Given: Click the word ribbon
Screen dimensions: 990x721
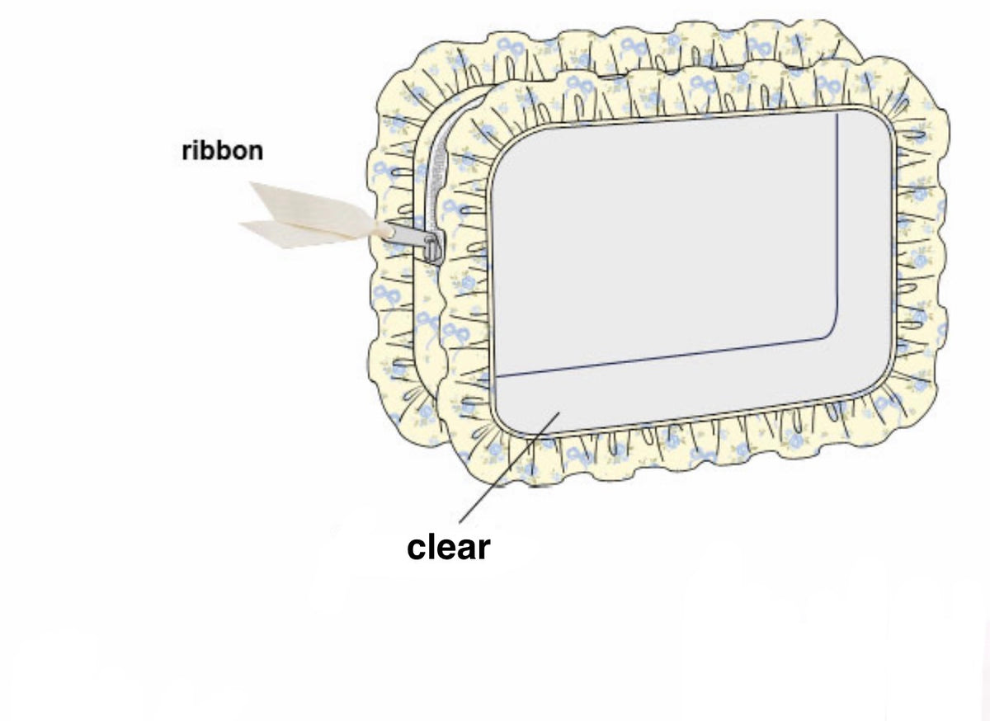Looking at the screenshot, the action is point(222,151).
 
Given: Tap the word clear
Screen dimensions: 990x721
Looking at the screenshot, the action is point(448,548).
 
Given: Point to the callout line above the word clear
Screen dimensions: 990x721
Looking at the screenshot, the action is point(509,468).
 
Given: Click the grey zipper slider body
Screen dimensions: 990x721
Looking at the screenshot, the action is point(432,250).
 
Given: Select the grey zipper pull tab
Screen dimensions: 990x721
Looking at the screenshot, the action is point(404,234).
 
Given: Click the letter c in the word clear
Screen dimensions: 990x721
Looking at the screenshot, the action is point(417,550).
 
